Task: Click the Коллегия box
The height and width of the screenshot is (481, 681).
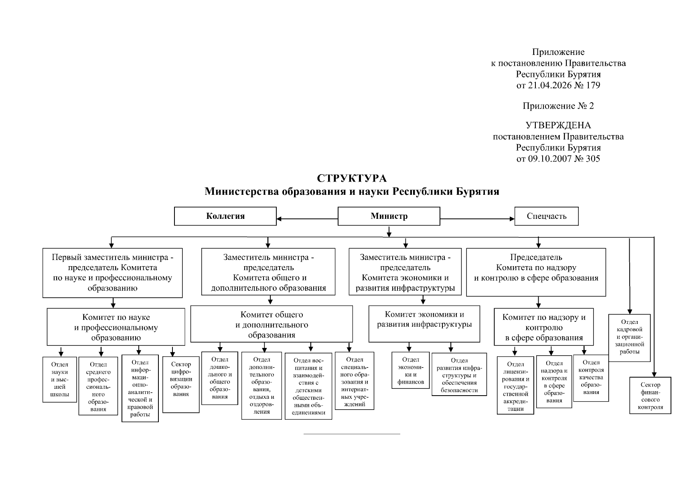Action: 225,216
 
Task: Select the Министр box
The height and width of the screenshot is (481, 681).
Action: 389,216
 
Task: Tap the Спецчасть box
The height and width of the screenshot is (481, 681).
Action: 546,216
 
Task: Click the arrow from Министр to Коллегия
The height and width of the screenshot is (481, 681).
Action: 307,219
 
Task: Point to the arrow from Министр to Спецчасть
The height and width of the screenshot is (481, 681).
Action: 477,219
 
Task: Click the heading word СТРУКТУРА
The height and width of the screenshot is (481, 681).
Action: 352,178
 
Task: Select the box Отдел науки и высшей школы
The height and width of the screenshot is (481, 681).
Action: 60,380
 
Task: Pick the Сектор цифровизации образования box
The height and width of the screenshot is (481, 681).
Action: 181,384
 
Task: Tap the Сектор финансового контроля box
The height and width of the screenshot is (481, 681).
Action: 650,395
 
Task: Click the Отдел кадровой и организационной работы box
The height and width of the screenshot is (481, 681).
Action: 629,338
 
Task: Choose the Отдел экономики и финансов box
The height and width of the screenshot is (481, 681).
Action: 410,370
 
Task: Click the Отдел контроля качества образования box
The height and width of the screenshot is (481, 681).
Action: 591,378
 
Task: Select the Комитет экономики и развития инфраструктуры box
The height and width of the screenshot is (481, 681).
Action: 424,323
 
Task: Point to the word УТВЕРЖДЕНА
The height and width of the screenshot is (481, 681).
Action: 558,125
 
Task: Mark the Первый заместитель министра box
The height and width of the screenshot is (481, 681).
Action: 112,273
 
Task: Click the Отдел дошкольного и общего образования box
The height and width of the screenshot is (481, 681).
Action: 219,378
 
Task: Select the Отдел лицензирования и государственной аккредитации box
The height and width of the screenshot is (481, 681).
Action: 515,385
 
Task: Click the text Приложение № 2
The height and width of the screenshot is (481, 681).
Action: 558,106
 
